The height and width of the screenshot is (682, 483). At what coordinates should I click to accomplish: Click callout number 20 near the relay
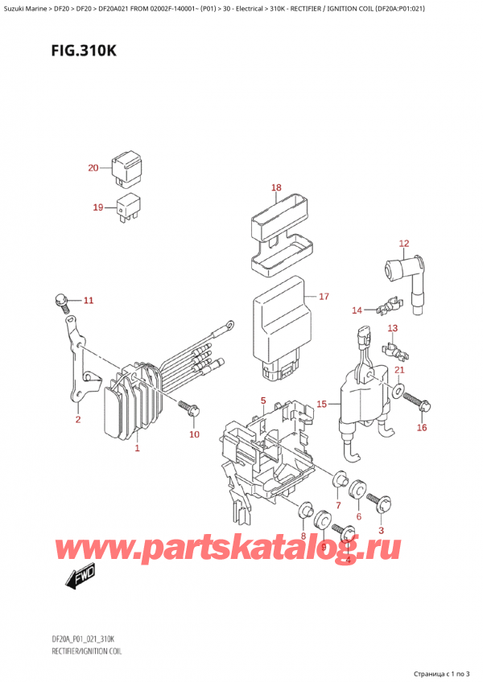[x=93, y=168]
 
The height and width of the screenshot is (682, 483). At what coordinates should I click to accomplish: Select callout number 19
[x=98, y=207]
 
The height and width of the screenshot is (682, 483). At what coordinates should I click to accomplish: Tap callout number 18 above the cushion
[x=276, y=188]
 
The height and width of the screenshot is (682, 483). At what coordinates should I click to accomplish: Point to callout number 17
[x=324, y=296]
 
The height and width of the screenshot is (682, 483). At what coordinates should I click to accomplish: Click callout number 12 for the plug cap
[x=404, y=243]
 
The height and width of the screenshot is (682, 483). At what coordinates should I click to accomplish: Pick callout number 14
[x=356, y=309]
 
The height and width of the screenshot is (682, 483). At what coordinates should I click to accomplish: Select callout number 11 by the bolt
[x=89, y=301]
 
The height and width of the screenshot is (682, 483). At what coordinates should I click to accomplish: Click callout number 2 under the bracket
[x=78, y=419]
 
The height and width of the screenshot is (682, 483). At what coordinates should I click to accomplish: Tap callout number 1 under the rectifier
[x=137, y=448]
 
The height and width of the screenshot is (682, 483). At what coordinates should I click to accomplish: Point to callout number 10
[x=193, y=434]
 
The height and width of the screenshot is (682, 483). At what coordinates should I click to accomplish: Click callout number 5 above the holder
[x=262, y=400]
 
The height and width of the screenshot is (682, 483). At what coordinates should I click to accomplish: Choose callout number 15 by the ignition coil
[x=321, y=404]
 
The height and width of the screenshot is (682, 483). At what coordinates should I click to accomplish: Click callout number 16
[x=421, y=428]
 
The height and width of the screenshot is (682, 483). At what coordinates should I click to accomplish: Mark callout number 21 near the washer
[x=399, y=369]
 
